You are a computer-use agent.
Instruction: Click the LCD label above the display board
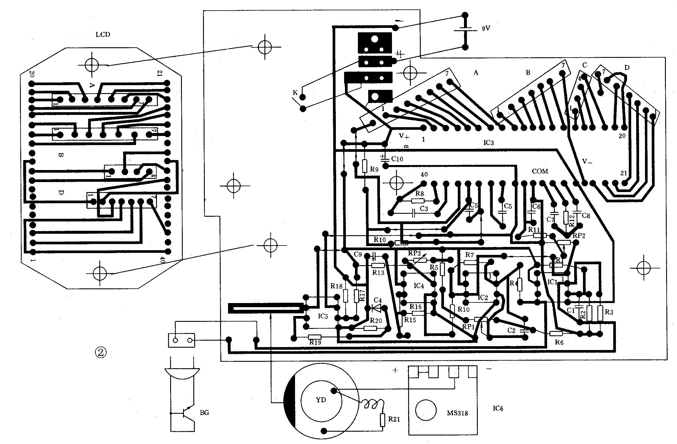click(103, 35)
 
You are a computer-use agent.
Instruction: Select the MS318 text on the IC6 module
click(457, 413)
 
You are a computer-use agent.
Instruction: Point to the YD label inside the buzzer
click(321, 400)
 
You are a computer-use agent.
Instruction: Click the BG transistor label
click(204, 413)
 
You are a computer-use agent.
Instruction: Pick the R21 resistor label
click(394, 419)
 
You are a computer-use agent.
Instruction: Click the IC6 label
click(498, 408)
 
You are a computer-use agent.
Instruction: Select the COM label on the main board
click(540, 171)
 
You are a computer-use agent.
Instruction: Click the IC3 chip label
click(488, 143)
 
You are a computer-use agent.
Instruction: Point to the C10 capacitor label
click(397, 159)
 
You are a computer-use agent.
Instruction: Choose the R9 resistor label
click(374, 169)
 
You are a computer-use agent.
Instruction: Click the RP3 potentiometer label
click(414, 253)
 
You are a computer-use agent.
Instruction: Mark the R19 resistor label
click(315, 342)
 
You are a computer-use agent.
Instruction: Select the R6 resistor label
click(559, 342)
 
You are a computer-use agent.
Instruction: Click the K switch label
click(295, 93)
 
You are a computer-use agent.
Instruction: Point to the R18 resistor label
click(336, 286)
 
